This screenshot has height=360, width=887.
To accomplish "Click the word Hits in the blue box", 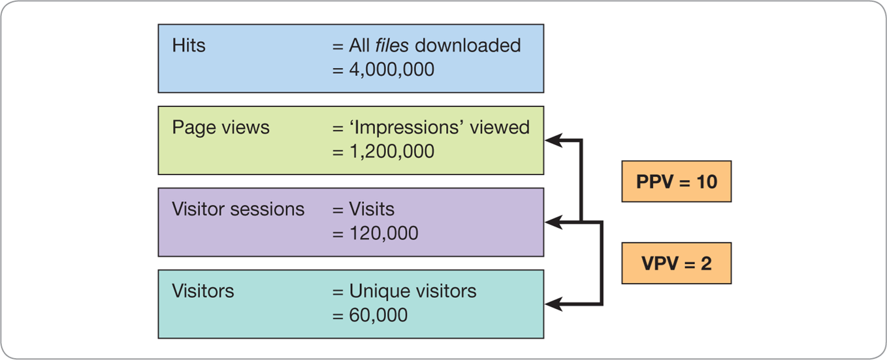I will click(x=189, y=46).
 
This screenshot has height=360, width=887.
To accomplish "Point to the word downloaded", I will click(x=468, y=46).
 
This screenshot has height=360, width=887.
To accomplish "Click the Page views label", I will click(x=221, y=127).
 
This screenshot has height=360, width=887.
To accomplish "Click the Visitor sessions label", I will click(x=238, y=209).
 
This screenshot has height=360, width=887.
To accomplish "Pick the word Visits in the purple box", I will click(x=371, y=209).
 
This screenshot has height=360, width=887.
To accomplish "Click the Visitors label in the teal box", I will click(x=203, y=291).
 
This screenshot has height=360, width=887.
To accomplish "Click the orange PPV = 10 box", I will click(x=676, y=182).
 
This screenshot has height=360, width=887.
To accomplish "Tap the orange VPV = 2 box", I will click(x=676, y=263).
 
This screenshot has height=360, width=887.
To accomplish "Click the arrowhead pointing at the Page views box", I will click(x=553, y=139).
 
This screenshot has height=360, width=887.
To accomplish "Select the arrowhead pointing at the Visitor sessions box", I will click(x=553, y=222).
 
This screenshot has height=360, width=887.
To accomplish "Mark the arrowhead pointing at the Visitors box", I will click(x=553, y=304).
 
